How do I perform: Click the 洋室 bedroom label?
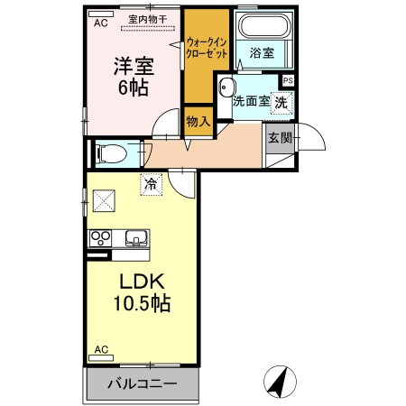[131, 67]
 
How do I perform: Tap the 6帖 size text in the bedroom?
[131, 89]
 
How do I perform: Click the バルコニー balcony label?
[143, 383]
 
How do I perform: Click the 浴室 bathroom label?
[262, 53]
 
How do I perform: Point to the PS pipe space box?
[288, 80]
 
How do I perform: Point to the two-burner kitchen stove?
[98, 239]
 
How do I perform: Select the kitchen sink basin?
[138, 239]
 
